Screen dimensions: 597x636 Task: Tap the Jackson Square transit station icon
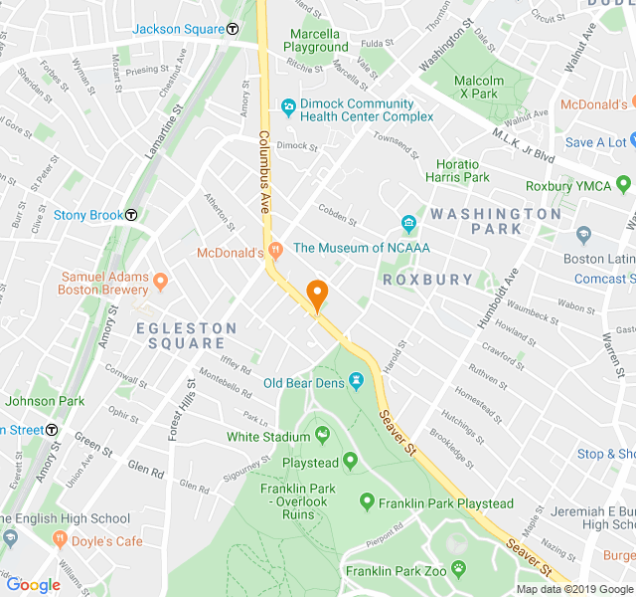tap(232, 29)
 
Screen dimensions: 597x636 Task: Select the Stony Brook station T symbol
tap(131, 215)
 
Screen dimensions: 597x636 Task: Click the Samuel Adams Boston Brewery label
tap(104, 284)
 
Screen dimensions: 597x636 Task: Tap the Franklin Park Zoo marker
tap(458, 569)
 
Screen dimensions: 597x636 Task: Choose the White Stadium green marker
tap(322, 435)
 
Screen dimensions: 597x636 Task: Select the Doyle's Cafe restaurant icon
tap(61, 540)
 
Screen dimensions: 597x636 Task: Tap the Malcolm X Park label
tap(474, 88)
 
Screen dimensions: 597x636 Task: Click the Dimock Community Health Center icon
tap(287, 104)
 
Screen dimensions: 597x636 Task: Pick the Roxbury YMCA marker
tap(624, 184)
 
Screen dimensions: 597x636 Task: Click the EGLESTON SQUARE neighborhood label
tap(187, 335)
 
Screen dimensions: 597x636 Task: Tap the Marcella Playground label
tap(315, 41)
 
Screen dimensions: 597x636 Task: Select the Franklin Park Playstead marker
tap(367, 502)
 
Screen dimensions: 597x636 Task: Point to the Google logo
tap(33, 585)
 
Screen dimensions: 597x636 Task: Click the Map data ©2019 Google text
tap(573, 589)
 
